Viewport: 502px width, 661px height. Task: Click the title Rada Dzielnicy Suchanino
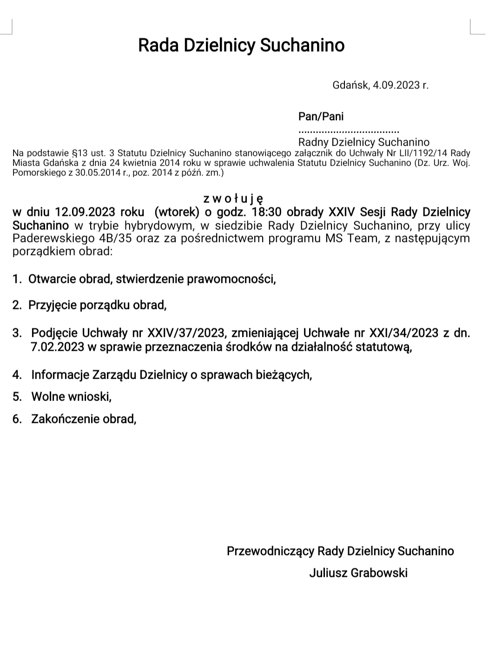pos(241,46)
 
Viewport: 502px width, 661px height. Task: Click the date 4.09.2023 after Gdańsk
pos(395,85)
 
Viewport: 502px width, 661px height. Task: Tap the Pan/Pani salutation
pos(321,116)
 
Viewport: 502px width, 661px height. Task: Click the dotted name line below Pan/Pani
pos(349,131)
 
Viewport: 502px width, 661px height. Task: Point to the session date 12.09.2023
pos(85,212)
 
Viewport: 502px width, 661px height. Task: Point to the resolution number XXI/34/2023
pos(403,333)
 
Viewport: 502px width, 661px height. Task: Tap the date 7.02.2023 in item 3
pos(58,347)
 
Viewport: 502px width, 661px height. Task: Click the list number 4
pos(17,375)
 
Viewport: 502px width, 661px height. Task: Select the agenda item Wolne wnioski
pos(71,397)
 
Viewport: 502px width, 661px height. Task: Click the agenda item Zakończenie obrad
pos(83,419)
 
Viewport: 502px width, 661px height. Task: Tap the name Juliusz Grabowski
pos(358,573)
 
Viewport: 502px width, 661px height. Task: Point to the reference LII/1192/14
pos(424,153)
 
